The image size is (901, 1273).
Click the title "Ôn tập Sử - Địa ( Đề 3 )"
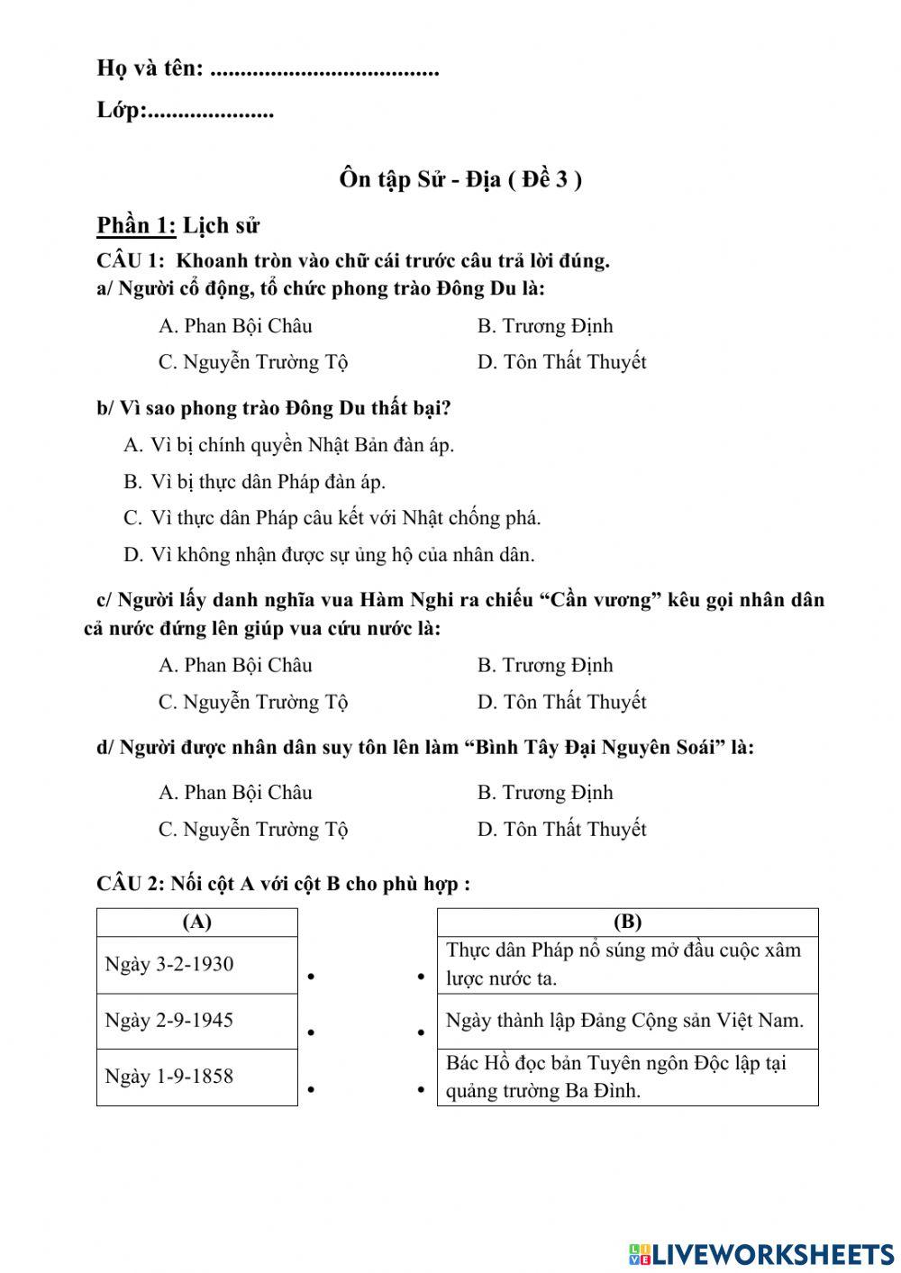pyautogui.click(x=460, y=179)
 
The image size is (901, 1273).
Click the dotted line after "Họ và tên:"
pyautogui.click(x=324, y=70)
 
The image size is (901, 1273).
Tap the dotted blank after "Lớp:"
pyautogui.click(x=210, y=114)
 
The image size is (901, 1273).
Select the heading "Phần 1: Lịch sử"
pyautogui.click(x=178, y=225)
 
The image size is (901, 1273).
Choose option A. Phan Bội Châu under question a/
pyautogui.click(x=235, y=326)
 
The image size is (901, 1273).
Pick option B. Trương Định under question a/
pyautogui.click(x=544, y=326)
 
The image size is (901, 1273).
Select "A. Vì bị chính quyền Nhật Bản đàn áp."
pyautogui.click(x=288, y=445)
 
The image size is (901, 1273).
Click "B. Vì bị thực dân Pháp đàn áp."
pyautogui.click(x=254, y=482)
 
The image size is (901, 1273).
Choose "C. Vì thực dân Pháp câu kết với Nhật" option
pyautogui.click(x=332, y=518)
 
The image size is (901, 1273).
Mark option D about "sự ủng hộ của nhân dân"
pyautogui.click(x=329, y=555)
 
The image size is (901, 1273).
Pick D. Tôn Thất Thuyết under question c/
pyautogui.click(x=561, y=702)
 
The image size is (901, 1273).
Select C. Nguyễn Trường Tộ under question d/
pyautogui.click(x=253, y=829)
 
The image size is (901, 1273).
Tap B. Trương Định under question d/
pyautogui.click(x=544, y=793)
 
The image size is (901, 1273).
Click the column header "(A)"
pyautogui.click(x=196, y=922)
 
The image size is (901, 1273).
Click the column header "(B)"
pyautogui.click(x=627, y=922)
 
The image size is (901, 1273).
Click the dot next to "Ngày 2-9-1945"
pyautogui.click(x=310, y=1032)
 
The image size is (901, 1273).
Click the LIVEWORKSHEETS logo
pyautogui.click(x=761, y=1253)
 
